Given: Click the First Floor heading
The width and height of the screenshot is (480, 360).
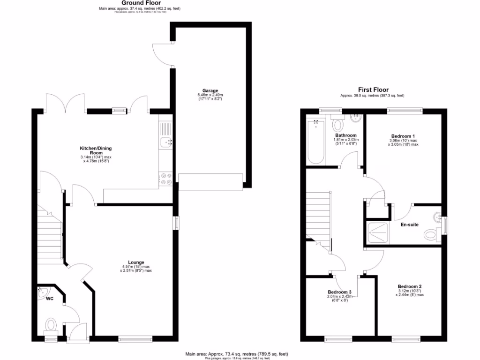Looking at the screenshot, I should (x=373, y=90).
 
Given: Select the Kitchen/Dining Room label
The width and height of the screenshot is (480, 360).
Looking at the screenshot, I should (x=96, y=150).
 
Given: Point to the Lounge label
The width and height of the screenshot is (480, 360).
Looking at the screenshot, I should (x=136, y=262).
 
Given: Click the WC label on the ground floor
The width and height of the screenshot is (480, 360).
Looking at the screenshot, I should (x=50, y=298).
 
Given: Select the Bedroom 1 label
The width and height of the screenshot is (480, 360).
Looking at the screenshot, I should (x=403, y=135).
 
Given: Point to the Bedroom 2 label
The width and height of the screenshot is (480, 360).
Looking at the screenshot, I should (x=410, y=286).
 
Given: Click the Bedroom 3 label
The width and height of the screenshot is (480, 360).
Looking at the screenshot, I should (x=340, y=292).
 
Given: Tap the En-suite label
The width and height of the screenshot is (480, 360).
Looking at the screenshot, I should (x=409, y=225).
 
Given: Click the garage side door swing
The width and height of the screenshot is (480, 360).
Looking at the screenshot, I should (x=162, y=53).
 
